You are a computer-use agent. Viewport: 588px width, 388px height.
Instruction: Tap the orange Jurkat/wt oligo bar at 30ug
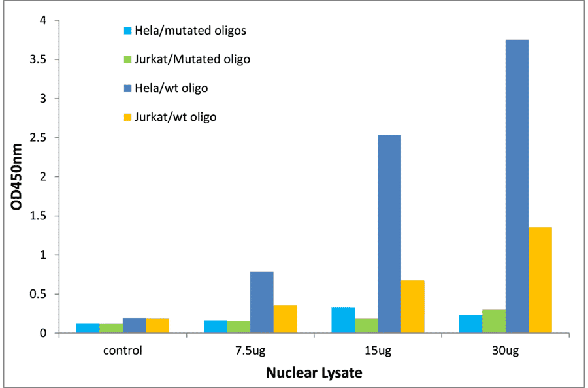click(540, 280)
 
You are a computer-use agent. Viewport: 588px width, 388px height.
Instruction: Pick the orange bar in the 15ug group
click(413, 306)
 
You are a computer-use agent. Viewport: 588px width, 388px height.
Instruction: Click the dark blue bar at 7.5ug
click(262, 302)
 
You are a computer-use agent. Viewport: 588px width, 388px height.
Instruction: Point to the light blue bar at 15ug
click(343, 320)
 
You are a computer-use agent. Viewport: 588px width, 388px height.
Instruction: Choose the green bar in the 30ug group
click(494, 321)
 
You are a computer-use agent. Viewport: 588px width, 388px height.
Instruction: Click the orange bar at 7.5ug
click(286, 319)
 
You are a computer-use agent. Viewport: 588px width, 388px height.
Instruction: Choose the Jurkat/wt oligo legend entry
click(175, 117)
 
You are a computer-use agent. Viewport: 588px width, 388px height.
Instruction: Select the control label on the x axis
click(123, 349)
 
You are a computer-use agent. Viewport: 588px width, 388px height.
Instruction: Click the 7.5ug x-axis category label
click(250, 349)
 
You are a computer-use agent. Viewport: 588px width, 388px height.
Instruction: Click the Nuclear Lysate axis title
click(314, 373)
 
